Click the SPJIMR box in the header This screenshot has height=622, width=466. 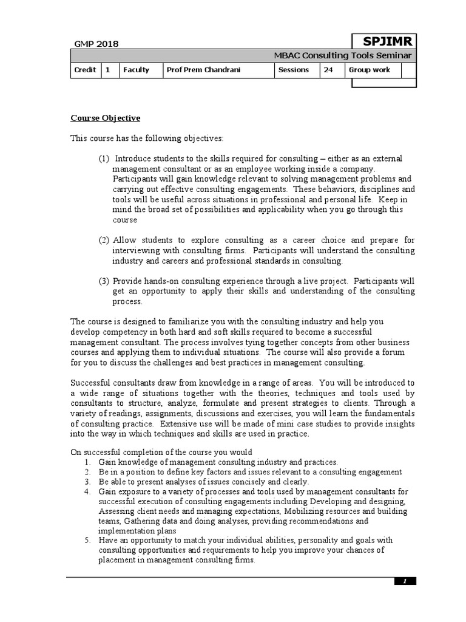coord(384,41)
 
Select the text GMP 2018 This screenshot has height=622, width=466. coord(96,44)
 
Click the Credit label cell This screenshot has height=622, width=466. coord(85,70)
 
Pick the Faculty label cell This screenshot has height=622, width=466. coord(136,70)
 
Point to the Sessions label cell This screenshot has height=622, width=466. coord(294,70)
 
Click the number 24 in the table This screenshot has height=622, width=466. coord(328,70)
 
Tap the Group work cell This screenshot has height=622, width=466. coord(369,70)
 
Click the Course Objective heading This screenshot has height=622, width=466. coord(106,118)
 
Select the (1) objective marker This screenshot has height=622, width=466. coord(104,159)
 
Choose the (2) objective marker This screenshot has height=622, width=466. coord(104,240)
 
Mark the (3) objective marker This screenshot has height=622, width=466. coord(104,281)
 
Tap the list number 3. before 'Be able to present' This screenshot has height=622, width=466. coord(88,482)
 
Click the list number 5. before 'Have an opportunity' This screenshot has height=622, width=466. coord(88,540)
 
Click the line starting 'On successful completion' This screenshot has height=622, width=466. coord(161,452)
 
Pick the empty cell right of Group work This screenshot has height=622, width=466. coord(410,70)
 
